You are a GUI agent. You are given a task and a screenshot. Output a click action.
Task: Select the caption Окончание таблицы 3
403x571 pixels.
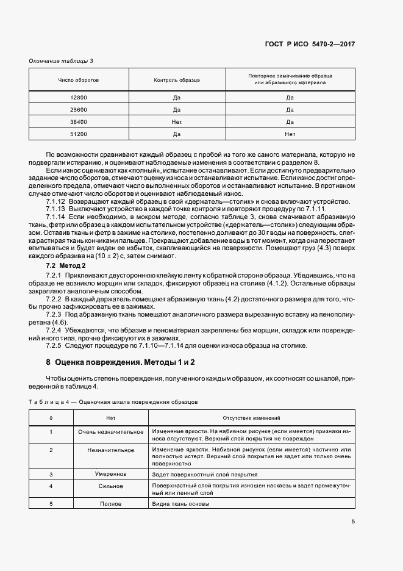click(62, 60)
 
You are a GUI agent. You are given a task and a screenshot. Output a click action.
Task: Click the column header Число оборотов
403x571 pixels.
click(79, 81)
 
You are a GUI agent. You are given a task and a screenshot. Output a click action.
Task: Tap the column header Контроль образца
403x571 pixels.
click(177, 81)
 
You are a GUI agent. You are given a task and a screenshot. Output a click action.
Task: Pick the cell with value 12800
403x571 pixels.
click(79, 98)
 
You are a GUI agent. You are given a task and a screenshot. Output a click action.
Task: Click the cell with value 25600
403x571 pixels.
click(79, 110)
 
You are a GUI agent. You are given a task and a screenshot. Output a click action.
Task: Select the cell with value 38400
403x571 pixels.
click(79, 122)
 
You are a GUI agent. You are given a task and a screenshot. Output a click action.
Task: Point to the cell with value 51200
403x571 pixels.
click(79, 134)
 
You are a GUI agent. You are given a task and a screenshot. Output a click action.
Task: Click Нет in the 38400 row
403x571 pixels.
click(177, 122)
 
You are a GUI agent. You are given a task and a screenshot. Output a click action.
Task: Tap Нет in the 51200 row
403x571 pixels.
click(290, 134)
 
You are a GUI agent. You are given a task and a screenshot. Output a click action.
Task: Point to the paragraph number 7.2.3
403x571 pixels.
click(54, 314)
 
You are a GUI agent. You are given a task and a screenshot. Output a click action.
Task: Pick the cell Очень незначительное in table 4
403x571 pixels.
click(110, 431)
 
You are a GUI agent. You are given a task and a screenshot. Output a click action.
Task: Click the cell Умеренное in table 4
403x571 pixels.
click(110, 474)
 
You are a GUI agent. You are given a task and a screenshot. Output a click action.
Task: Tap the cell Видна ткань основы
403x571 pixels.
click(181, 504)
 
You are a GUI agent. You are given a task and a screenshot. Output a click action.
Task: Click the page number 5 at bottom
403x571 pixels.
click(353, 522)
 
